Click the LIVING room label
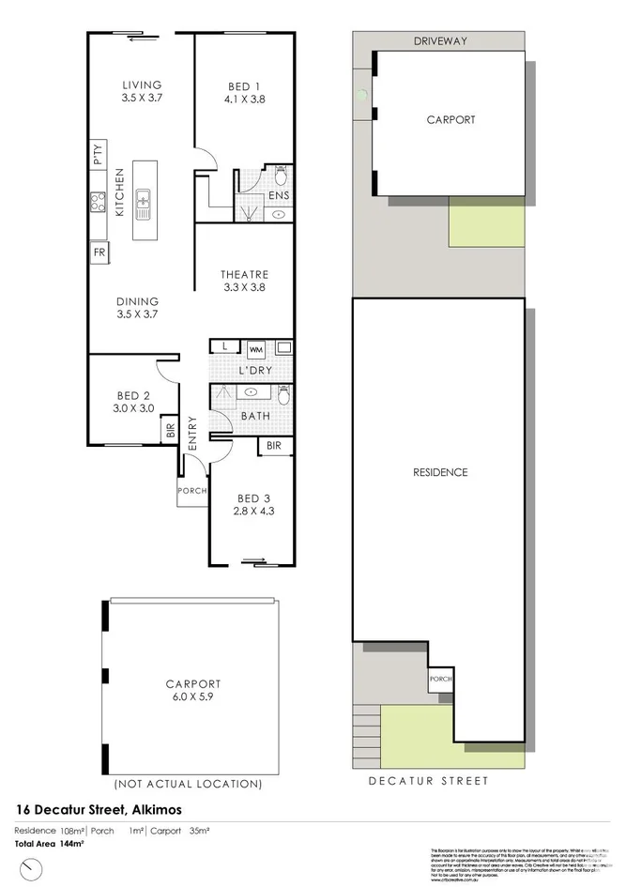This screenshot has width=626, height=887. (141, 84)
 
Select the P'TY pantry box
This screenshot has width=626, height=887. (99, 153)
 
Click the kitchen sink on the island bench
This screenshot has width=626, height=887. (144, 199)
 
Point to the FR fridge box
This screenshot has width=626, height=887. (99, 252)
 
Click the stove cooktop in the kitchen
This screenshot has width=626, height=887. (98, 203)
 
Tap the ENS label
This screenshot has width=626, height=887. (278, 195)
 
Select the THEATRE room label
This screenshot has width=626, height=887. (244, 274)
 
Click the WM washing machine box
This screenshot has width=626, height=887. (256, 350)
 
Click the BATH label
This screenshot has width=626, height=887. (255, 414)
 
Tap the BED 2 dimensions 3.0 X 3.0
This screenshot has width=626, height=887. (133, 408)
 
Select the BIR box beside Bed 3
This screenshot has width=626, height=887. (274, 446)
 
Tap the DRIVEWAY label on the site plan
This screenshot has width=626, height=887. (439, 41)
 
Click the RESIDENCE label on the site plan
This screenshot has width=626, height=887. (440, 472)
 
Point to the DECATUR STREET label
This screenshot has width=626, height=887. (428, 780)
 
